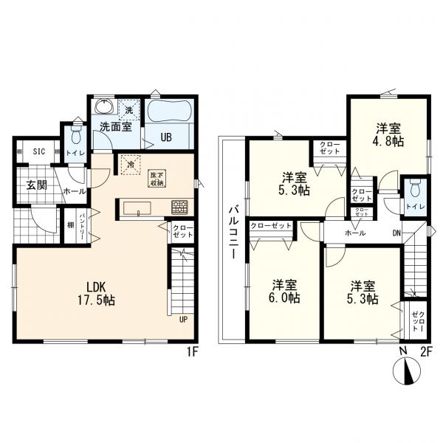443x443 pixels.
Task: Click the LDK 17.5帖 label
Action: click(x=96, y=294)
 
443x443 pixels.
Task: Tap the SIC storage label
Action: click(x=39, y=151)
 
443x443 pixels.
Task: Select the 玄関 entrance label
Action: click(x=37, y=185)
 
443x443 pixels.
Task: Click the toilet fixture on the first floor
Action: click(x=75, y=136)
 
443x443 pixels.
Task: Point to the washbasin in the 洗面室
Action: click(x=105, y=106)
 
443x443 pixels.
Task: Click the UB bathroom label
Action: click(x=166, y=137)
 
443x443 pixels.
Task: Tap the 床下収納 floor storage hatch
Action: click(x=157, y=179)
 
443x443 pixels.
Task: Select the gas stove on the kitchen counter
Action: click(x=179, y=207)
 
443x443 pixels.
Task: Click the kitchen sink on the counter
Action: click(x=137, y=208)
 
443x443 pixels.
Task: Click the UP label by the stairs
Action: click(x=183, y=320)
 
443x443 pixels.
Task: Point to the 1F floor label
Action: click(x=191, y=352)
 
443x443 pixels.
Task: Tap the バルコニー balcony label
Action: click(x=233, y=233)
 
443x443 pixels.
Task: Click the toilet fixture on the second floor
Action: click(x=415, y=189)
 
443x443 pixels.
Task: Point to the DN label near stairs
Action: click(x=396, y=233)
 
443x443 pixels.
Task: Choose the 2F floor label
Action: click(x=426, y=352)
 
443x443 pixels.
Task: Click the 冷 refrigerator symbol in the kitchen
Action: click(x=131, y=165)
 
